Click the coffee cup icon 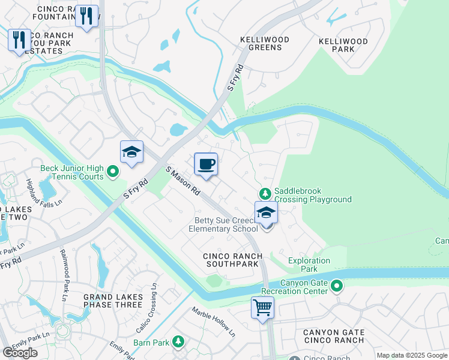(x=206, y=164)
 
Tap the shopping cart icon (x=262, y=308)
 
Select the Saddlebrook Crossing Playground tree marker (x=264, y=194)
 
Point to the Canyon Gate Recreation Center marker (x=336, y=286)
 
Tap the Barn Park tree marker (x=178, y=342)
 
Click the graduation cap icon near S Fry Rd (x=131, y=152)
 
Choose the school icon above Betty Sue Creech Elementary (x=266, y=212)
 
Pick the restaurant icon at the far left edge (x=19, y=40)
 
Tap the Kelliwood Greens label (x=264, y=43)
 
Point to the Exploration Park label (x=309, y=265)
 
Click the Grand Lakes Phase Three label (x=113, y=301)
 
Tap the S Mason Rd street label (x=183, y=182)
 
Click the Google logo (x=20, y=353)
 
